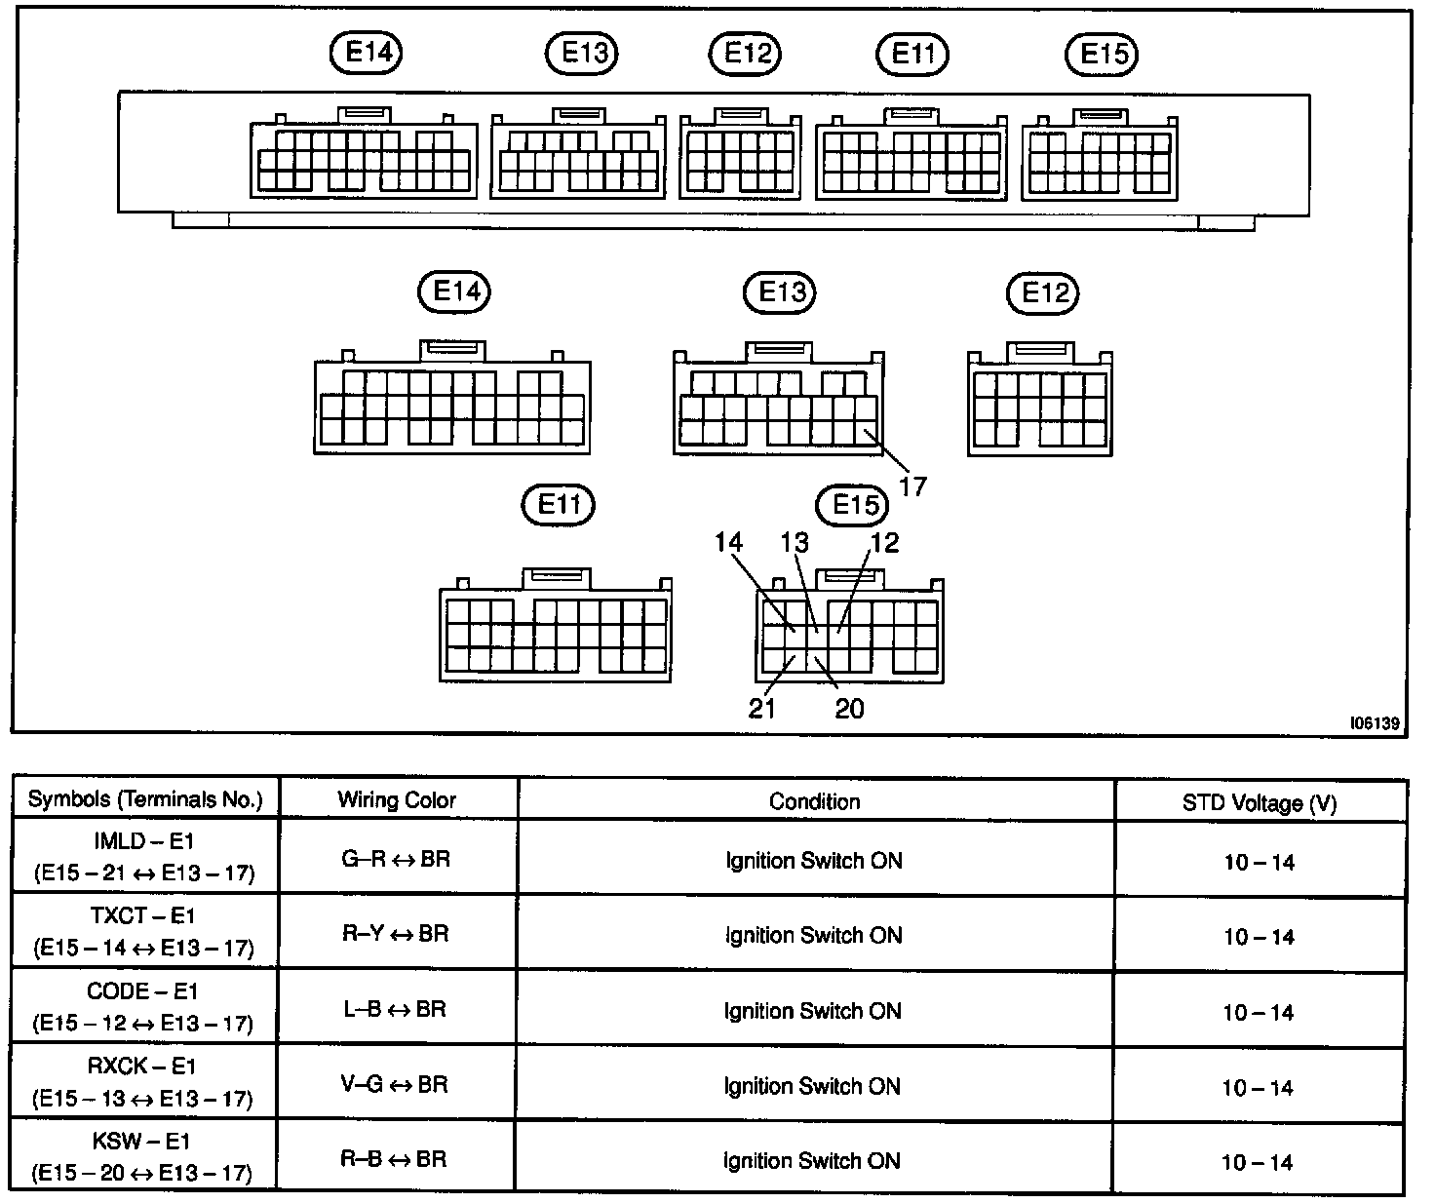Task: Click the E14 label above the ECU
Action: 366,53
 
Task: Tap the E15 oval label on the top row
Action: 1101,55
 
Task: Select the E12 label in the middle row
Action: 1042,293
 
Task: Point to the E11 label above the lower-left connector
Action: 558,505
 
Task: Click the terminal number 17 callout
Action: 913,486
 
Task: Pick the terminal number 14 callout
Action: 728,542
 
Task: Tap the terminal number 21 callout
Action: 761,709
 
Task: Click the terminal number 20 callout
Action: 849,709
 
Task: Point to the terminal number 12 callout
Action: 885,543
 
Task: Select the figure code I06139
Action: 1375,723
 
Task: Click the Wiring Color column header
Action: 397,800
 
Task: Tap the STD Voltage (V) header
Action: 1260,803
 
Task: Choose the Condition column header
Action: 814,801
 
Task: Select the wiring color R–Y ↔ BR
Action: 396,934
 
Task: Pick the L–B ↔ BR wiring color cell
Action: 395,1009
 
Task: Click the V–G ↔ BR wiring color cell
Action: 395,1085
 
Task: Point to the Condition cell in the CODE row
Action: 813,1011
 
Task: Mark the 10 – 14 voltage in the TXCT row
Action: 1260,938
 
